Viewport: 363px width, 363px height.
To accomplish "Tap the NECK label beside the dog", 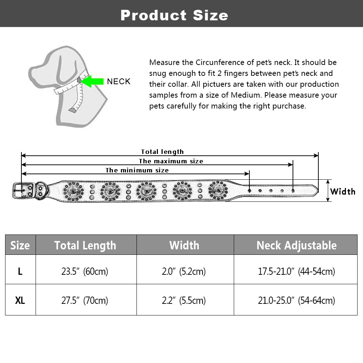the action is (119, 81).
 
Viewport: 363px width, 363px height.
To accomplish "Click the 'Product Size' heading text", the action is (174, 15).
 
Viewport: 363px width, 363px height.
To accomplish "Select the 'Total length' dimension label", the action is (162, 152).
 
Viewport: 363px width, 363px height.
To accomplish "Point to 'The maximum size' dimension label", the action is (171, 161).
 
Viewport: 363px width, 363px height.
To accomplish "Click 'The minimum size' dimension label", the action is (137, 170).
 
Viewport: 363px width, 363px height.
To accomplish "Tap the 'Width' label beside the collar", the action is (343, 191).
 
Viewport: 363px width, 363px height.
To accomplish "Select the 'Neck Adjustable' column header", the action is (297, 245).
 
